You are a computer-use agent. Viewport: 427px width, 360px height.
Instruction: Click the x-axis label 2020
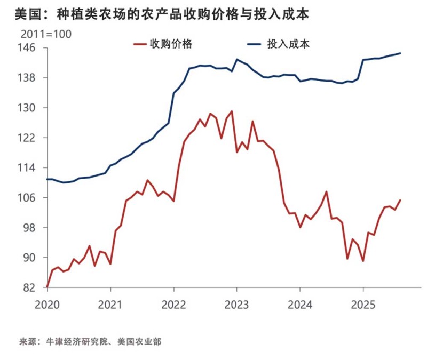[47, 305]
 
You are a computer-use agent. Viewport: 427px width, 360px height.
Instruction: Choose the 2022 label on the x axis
[173, 305]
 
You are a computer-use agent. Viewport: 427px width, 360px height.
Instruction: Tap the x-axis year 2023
[236, 305]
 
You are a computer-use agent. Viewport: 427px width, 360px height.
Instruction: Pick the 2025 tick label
[363, 305]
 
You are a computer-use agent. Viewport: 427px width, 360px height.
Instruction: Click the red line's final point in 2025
[401, 200]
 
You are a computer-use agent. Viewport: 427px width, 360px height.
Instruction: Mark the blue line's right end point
[401, 53]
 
